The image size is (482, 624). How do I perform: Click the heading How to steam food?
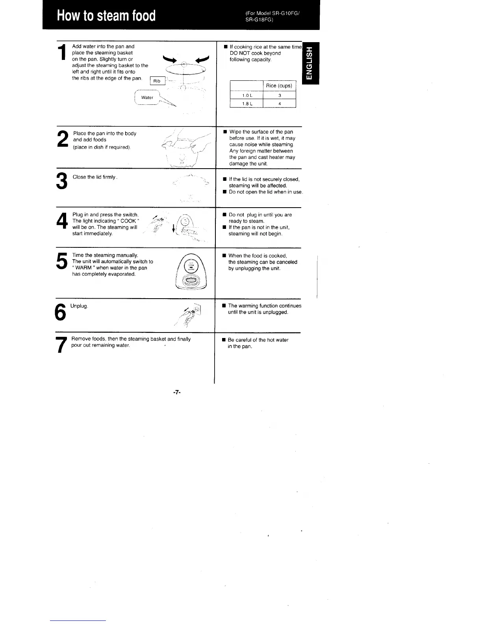pos(106,15)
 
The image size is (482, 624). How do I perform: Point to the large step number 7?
pos(61,345)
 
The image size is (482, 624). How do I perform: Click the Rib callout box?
pos(157,81)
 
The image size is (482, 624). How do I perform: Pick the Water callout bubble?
pos(147,97)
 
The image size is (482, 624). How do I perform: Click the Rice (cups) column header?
pos(279,85)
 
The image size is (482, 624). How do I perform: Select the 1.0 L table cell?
pos(247,95)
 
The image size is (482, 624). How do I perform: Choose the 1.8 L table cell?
pos(247,104)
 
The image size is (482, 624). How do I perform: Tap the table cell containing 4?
pos(279,104)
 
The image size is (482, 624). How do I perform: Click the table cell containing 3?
pos(279,95)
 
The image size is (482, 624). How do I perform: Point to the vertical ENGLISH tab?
pos(310,63)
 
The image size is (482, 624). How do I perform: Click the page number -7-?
pos(176,392)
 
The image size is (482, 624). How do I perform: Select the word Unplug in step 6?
pos(79,306)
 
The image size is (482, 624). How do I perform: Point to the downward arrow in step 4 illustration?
pos(174,229)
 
